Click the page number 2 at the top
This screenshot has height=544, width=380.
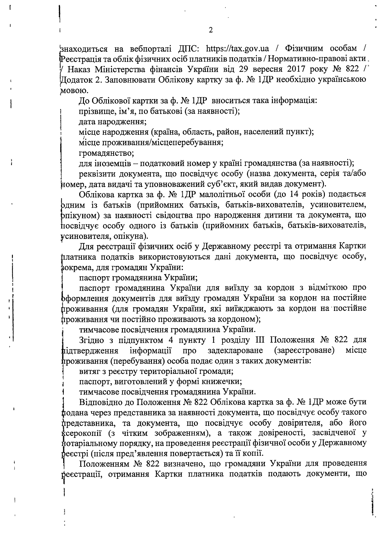210,30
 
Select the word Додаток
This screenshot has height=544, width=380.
76,80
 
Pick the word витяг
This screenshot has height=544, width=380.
89,371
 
